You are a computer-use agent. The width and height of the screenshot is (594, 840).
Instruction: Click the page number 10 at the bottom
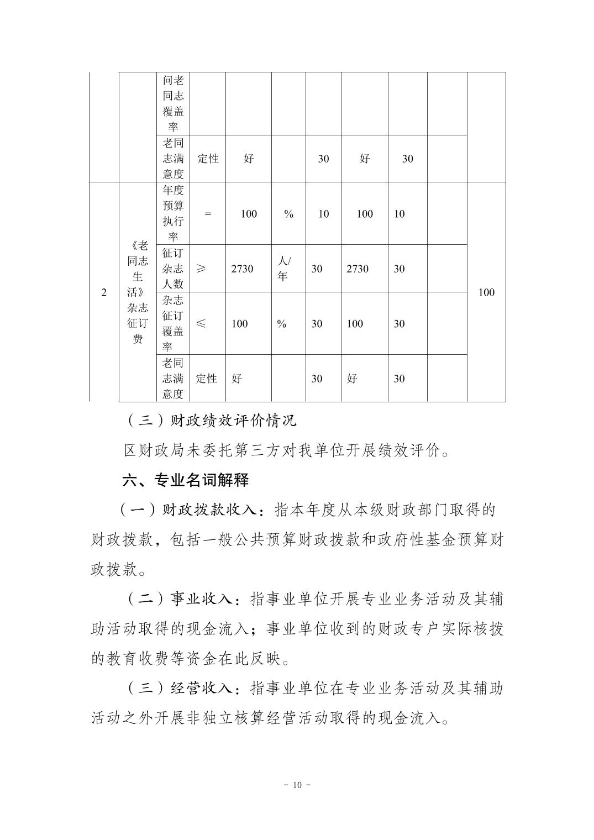(297, 785)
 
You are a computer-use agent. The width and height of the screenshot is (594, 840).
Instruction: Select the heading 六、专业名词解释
(186, 480)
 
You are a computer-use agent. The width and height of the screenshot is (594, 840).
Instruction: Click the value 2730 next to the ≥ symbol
(242, 269)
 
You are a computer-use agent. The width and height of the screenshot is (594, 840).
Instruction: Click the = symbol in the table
(208, 214)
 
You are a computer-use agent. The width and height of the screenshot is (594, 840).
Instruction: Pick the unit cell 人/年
(283, 269)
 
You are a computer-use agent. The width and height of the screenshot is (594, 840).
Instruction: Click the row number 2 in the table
(104, 292)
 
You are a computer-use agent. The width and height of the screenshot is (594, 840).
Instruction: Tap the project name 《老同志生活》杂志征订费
(138, 292)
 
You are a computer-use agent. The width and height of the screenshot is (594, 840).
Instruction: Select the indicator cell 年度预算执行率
(173, 214)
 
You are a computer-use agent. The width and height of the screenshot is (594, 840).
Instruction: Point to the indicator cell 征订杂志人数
(173, 269)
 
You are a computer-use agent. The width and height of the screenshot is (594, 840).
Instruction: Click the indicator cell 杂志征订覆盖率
(173, 324)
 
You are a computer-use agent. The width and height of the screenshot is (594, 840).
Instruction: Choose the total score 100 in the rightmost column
(486, 292)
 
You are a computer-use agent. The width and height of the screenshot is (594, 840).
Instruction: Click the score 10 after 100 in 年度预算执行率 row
(399, 214)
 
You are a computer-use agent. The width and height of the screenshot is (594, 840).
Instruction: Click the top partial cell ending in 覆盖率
(173, 103)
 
